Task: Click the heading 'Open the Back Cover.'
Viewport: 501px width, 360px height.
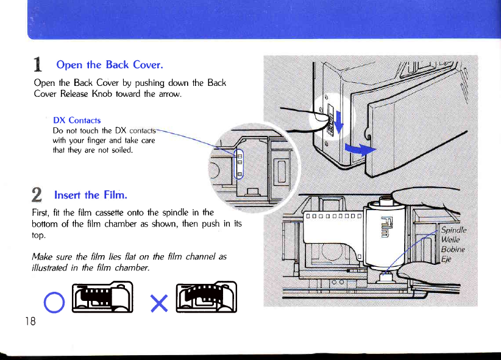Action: pyautogui.click(x=109, y=65)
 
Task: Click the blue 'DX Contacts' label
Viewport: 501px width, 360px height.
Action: pyautogui.click(x=77, y=120)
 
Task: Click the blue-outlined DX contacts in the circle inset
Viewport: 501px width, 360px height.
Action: pyautogui.click(x=240, y=164)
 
